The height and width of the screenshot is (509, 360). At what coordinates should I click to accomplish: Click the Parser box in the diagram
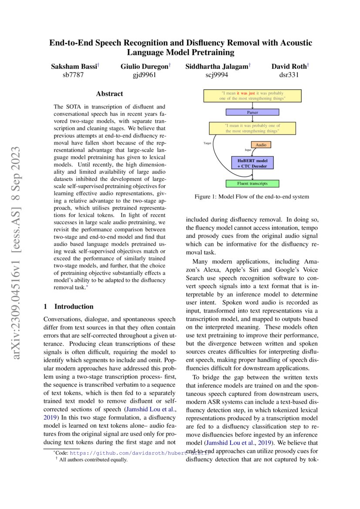[252, 112]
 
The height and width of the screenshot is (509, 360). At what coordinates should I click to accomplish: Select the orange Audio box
[261, 145]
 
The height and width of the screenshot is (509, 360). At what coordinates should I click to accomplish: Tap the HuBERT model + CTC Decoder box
[252, 163]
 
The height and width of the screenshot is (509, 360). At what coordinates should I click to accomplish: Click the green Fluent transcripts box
[252, 184]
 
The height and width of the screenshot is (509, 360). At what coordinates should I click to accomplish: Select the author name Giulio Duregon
[144, 67]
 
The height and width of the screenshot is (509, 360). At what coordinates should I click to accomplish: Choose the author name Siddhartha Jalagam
[217, 67]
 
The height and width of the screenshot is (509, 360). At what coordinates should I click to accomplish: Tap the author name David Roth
[289, 67]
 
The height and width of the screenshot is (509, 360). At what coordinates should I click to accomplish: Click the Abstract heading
[109, 94]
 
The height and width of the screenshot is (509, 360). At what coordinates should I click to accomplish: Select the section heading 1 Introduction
[69, 306]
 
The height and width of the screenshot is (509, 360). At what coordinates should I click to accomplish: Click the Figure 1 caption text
[252, 197]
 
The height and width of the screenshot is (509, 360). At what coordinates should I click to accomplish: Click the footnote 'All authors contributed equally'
[93, 459]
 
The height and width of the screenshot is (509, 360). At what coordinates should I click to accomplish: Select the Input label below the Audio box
[248, 150]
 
